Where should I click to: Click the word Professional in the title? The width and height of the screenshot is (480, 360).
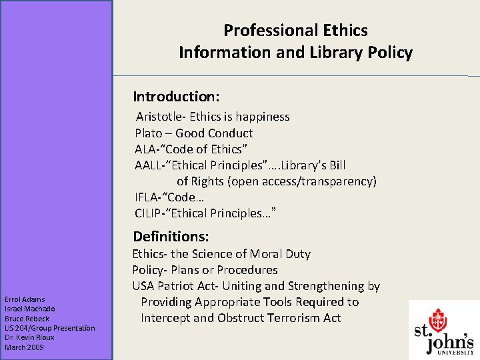pyautogui.click(x=259, y=31)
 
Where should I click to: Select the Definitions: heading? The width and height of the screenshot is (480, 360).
pyautogui.click(x=171, y=237)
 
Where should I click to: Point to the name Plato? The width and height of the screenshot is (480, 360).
pyautogui.click(x=148, y=133)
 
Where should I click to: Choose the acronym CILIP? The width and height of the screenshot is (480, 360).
pyautogui.click(x=149, y=213)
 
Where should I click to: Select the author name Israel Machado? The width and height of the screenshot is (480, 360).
pyautogui.click(x=29, y=309)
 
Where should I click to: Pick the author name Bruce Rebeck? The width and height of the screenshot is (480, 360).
pyautogui.click(x=27, y=318)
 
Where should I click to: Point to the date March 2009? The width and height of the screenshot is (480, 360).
pyautogui.click(x=24, y=347)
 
